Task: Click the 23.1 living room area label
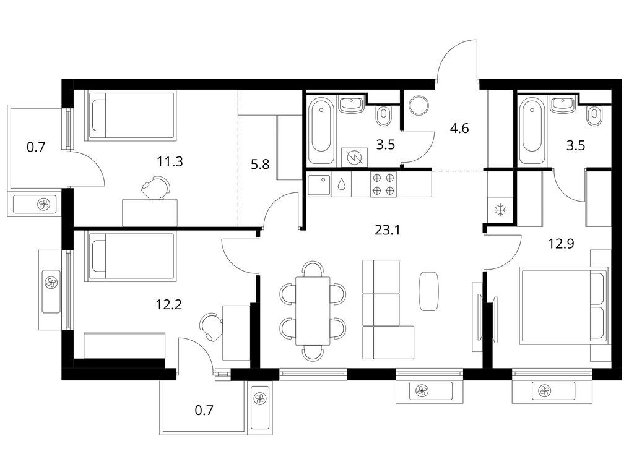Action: (387, 230)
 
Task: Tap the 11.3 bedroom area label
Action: (170, 162)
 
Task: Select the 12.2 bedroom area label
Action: (169, 305)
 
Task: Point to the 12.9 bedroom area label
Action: (561, 243)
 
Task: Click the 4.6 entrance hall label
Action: (460, 129)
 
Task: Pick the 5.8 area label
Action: (260, 165)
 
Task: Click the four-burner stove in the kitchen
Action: (383, 184)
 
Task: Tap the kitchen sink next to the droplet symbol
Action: (319, 185)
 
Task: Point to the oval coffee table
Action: (429, 291)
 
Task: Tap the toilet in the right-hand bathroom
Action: (595, 116)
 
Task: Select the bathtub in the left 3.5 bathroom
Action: (322, 130)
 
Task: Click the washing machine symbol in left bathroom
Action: (354, 156)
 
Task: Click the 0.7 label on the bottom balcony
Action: (204, 410)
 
